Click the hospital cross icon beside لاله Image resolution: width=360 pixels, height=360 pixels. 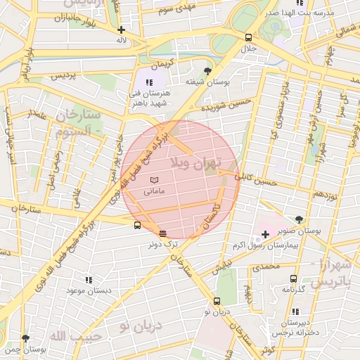[122, 30]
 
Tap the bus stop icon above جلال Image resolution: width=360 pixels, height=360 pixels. [248, 37]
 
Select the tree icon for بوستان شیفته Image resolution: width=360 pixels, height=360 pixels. [207, 71]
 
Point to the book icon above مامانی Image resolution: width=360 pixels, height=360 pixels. [154, 181]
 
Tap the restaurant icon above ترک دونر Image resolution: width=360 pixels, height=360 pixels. [163, 233]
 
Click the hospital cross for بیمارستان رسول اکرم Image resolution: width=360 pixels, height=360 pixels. [265, 233]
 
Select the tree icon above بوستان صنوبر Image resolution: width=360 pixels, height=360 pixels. [300, 219]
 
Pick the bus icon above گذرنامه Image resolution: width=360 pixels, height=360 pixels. [293, 278]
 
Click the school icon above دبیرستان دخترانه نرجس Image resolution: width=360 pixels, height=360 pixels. [295, 311]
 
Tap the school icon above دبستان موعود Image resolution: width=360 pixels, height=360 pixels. [88, 279]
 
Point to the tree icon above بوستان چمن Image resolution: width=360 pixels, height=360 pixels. [26, 338]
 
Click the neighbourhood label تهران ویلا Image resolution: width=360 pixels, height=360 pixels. [198, 164]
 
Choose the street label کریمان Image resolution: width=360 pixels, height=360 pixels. [161, 64]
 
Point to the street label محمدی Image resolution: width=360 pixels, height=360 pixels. [266, 267]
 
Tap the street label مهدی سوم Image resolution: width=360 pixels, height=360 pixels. [176, 9]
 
